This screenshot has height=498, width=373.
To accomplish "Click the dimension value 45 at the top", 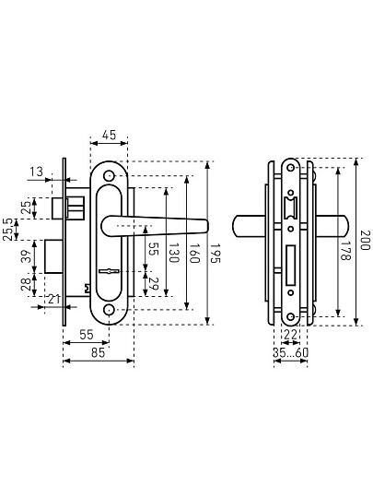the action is click(x=109, y=135).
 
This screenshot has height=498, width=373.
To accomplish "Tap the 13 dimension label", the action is click(x=37, y=172).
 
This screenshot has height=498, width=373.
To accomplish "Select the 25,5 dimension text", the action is click(x=8, y=230).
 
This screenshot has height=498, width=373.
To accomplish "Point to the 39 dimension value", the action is click(x=29, y=256).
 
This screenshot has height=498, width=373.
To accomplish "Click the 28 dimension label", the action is click(x=27, y=284).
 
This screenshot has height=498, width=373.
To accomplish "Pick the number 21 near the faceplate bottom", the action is click(x=53, y=299).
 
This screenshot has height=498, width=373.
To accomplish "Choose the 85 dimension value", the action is click(x=98, y=352).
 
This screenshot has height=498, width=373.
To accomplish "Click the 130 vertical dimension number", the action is click(x=174, y=253).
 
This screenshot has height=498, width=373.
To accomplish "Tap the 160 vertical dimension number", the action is click(x=194, y=253).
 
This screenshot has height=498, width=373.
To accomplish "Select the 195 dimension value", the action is click(x=216, y=253).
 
